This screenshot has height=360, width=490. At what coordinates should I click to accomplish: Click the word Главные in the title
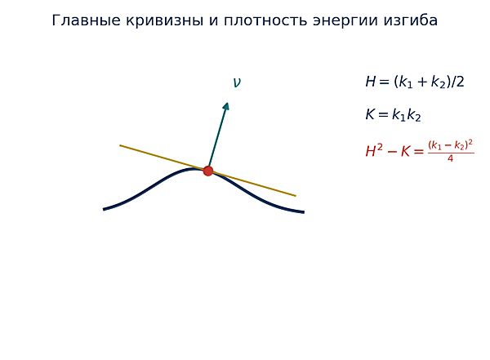[86, 20]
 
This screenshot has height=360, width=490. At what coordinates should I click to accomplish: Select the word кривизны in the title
[165, 21]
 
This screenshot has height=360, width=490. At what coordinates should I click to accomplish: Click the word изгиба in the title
[410, 20]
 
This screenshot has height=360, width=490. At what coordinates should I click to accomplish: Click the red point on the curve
[208, 171]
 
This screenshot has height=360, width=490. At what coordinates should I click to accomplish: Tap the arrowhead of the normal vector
[226, 106]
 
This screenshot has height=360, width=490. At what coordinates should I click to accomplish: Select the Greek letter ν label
[237, 82]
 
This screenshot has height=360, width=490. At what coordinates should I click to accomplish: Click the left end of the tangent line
[120, 145]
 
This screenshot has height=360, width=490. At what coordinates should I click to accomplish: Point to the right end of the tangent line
[296, 196]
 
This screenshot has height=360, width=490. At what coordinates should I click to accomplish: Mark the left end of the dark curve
[104, 209]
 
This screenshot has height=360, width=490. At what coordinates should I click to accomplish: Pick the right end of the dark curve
[304, 212]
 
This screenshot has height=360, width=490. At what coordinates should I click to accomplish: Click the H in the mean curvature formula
[370, 82]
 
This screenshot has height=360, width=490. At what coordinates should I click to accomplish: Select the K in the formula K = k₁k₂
[370, 114]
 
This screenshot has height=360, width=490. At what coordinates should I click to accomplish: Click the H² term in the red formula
[374, 151]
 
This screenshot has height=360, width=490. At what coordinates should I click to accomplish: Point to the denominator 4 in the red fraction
[450, 158]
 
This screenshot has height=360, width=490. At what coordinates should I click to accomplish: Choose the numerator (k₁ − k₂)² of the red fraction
[450, 145]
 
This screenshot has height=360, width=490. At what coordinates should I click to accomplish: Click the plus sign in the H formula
[422, 82]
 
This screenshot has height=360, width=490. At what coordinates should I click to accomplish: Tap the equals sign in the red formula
[418, 152]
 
